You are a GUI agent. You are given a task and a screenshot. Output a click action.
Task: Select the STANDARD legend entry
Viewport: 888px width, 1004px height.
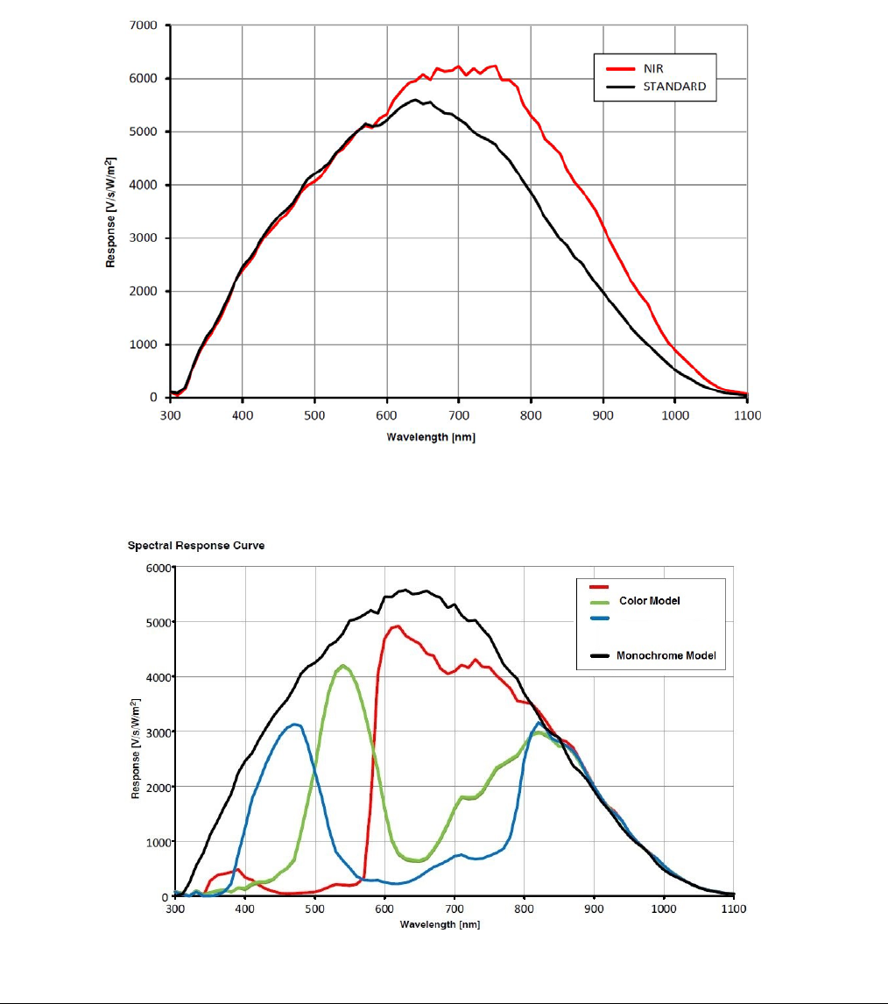click(x=674, y=87)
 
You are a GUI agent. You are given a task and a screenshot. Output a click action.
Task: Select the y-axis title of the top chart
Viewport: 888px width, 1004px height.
click(x=111, y=212)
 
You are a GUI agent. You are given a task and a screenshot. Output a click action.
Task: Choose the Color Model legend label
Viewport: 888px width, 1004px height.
click(x=650, y=601)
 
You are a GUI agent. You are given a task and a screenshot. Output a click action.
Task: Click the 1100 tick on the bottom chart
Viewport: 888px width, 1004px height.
click(x=734, y=910)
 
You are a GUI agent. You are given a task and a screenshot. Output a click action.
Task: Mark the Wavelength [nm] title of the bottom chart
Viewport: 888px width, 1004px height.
click(x=440, y=925)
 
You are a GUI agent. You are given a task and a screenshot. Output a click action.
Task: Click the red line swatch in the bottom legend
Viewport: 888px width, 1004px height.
click(x=598, y=587)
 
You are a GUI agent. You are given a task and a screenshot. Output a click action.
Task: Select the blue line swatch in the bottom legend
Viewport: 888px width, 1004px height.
click(x=598, y=618)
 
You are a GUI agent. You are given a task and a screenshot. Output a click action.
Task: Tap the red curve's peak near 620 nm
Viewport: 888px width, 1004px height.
click(x=398, y=626)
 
